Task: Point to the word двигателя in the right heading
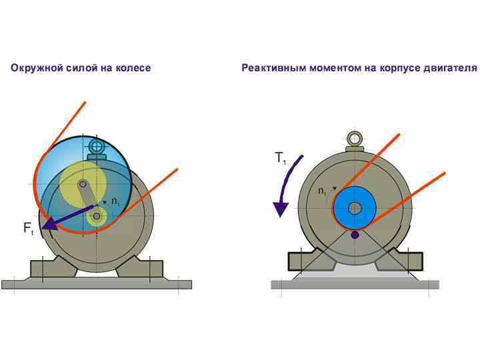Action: [453, 68]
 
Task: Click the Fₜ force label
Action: [28, 229]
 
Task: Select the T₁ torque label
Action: [280, 159]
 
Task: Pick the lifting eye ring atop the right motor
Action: [355, 139]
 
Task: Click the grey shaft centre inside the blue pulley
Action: [355, 208]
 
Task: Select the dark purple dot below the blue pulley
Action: [355, 235]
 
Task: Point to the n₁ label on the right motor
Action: [323, 191]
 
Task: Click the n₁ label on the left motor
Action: [115, 201]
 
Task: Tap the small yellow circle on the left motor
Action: [98, 215]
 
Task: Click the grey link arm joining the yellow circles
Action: [90, 199]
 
